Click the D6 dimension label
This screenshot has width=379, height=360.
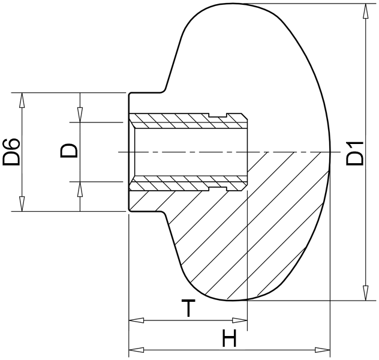coord(11,152)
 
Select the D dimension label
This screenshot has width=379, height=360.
coord(69,151)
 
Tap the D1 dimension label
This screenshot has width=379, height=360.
coord(355,153)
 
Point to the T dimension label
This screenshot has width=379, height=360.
coord(188,308)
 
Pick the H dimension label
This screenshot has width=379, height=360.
coord(229,338)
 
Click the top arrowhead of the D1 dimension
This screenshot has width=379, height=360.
coord(366,11)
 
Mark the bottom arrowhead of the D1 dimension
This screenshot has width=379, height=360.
coord(366,293)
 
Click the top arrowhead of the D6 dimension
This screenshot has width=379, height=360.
coord(22,100)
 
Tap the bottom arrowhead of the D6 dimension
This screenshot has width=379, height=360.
coord(22,204)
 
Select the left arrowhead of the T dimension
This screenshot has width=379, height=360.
coord(136,320)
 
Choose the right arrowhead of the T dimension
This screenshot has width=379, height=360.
coord(240,320)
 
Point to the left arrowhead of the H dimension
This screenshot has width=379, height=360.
coord(136,350)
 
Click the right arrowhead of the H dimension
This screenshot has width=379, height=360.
coord(323,350)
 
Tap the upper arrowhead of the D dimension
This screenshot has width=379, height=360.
coord(80,115)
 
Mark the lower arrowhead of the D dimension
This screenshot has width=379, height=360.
coord(80,189)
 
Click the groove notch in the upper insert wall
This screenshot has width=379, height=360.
coord(218,115)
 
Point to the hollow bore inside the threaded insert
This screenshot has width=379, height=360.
coord(191,152)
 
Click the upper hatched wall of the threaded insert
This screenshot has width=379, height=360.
coord(188,121)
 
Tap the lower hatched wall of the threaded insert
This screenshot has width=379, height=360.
coord(188,184)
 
